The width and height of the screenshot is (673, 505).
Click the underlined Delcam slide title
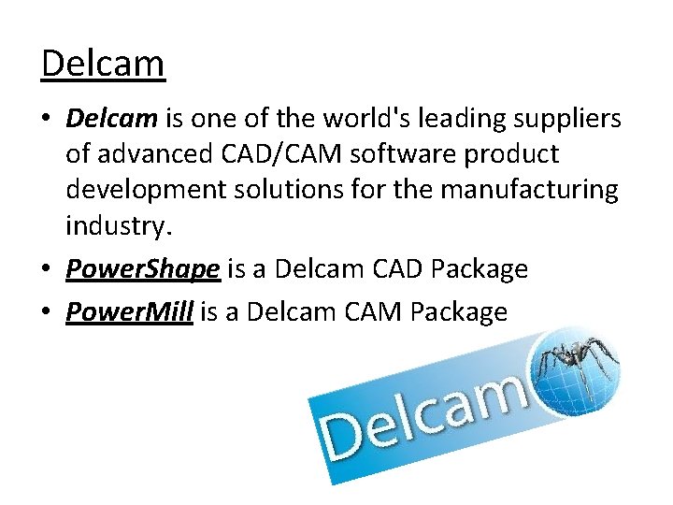[x=103, y=64]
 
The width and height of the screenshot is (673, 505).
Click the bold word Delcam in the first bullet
[x=112, y=119]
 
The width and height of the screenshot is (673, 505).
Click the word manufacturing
[x=529, y=190]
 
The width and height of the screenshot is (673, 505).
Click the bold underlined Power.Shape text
[x=143, y=270]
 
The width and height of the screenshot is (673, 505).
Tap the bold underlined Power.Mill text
[x=129, y=311]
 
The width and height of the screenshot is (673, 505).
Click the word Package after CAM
[x=455, y=311]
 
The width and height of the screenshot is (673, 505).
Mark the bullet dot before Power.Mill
[x=49, y=312]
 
